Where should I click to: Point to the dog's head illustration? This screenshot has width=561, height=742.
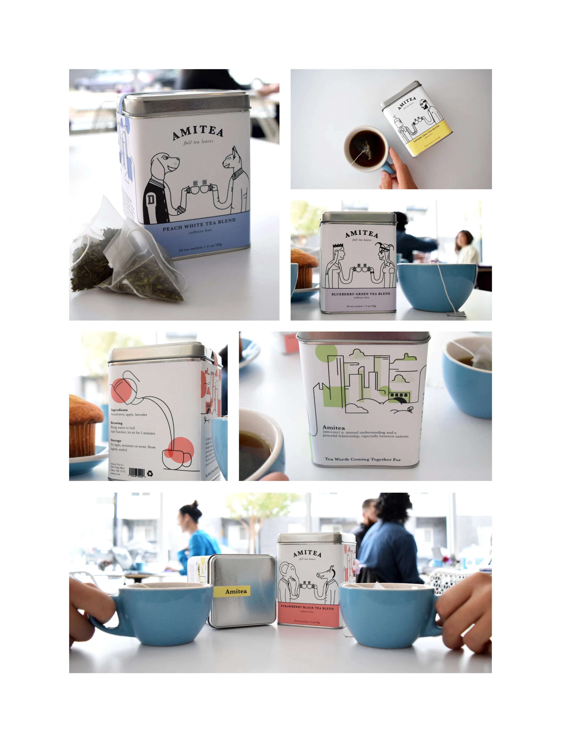click(x=165, y=163)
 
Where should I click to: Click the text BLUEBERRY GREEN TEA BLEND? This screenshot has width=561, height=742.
click(x=361, y=294)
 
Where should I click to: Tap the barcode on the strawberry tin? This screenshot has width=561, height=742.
click(x=137, y=472)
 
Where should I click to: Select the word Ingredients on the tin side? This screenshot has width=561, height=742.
click(x=119, y=410)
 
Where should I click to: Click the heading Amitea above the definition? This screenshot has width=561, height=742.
click(x=333, y=428)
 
